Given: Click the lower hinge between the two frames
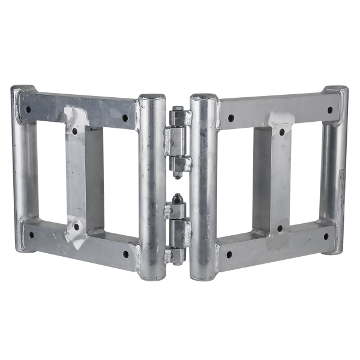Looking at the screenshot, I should point(178,230).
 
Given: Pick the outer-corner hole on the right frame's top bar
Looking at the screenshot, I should point(329,110).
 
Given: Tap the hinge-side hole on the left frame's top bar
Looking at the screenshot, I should point(125,118).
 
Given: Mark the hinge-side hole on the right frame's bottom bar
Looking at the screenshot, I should point(229,253).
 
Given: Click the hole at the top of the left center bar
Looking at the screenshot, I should point(74,130).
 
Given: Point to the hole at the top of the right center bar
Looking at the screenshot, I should point(280,130).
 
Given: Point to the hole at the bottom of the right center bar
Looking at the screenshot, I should point(280,228).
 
